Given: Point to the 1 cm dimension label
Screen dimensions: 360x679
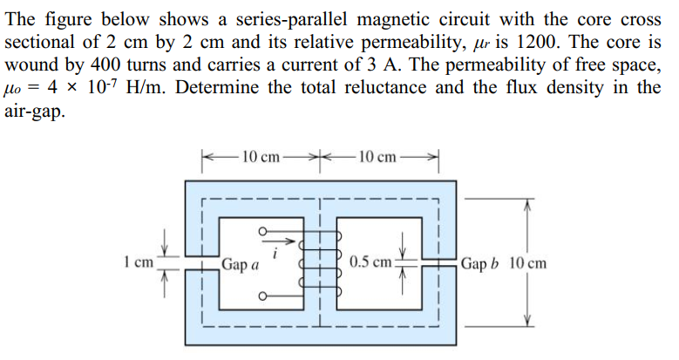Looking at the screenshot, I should tap(139, 261).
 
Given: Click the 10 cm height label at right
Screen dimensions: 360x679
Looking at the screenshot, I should tap(527, 262).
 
